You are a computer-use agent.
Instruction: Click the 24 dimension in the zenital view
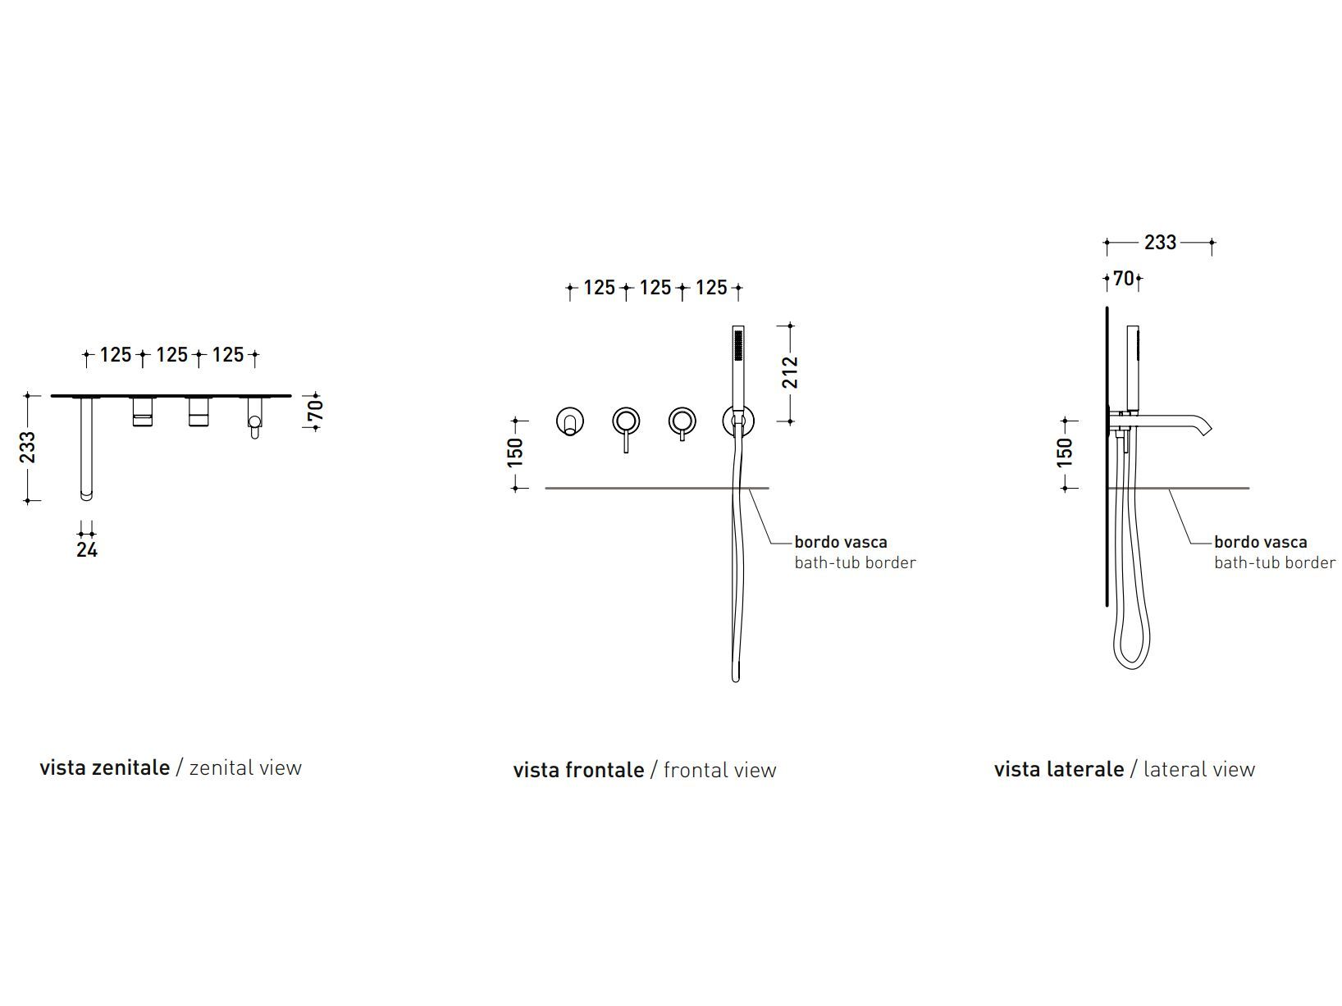click(87, 549)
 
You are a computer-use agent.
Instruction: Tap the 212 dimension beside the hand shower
click(790, 372)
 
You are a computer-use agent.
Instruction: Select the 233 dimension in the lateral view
click(1160, 243)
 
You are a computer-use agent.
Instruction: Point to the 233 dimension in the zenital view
click(28, 447)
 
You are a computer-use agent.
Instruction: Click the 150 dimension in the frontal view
click(515, 453)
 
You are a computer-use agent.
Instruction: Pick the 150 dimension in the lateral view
click(1065, 453)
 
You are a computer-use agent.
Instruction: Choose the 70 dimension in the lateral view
click(1124, 279)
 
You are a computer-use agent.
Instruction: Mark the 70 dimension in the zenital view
click(315, 411)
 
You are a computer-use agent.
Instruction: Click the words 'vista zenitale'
click(104, 767)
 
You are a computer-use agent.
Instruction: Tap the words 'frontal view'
click(719, 770)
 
